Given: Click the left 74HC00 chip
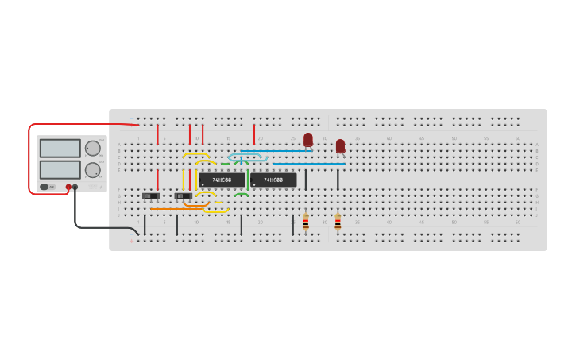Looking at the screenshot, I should point(222,180).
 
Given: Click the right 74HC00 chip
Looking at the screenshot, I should point(273,180).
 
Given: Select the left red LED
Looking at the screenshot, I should point(308,140).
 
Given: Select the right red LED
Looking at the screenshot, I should point(340,146).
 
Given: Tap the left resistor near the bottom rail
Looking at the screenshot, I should point(306,222).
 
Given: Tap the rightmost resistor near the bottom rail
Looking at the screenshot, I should point(338,222).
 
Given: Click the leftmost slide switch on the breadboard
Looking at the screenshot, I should point(151,195).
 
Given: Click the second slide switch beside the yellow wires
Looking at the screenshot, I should point(183,195).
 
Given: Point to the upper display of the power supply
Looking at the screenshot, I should point(60,149).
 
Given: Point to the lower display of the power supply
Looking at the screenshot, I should point(60,169).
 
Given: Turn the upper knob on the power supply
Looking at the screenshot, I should point(93,148).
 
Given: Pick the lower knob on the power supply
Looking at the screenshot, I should point(93,169).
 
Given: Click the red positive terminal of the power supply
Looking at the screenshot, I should point(68,188).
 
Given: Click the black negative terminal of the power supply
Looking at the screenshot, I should point(75,188).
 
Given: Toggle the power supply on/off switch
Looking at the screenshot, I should point(44,188).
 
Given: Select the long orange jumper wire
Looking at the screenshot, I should point(176,209).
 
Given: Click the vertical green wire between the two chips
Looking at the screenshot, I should point(247,178).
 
